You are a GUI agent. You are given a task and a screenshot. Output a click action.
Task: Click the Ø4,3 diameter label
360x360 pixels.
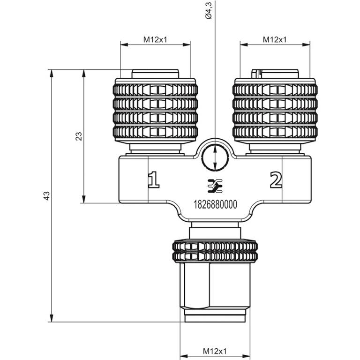click(x=209, y=10)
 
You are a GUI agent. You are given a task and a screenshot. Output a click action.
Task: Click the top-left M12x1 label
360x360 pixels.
click(x=155, y=40)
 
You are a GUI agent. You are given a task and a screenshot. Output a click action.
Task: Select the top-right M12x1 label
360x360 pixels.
click(x=275, y=40)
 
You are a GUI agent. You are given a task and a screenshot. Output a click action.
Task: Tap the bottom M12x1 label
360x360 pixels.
click(x=215, y=351)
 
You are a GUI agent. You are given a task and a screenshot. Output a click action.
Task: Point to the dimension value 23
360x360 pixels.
click(x=79, y=136)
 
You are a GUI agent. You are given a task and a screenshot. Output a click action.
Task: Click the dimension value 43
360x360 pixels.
click(x=46, y=195)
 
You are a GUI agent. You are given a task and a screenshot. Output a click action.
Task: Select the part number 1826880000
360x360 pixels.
click(x=215, y=204)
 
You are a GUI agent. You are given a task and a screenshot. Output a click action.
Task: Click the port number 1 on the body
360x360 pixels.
click(x=153, y=180)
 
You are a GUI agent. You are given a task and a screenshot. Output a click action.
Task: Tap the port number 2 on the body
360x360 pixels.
click(x=276, y=180)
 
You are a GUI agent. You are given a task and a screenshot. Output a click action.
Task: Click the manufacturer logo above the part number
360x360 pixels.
click(x=215, y=186)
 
